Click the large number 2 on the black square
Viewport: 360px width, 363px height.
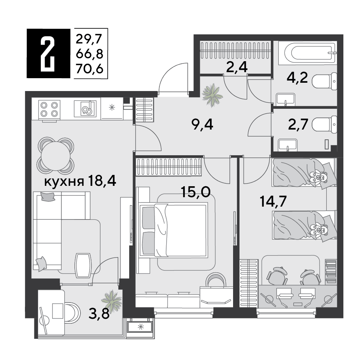48,54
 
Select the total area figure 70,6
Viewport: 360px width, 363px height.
90,69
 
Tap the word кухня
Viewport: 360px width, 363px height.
64,182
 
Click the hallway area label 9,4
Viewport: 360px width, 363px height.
202,125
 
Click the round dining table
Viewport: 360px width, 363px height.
56,155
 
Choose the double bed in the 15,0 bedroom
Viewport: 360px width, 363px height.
173,230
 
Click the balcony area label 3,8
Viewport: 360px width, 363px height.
99,314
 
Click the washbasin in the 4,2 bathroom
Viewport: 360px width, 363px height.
286,100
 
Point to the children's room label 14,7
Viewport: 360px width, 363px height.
273,201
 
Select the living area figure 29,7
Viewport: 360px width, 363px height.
89,39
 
